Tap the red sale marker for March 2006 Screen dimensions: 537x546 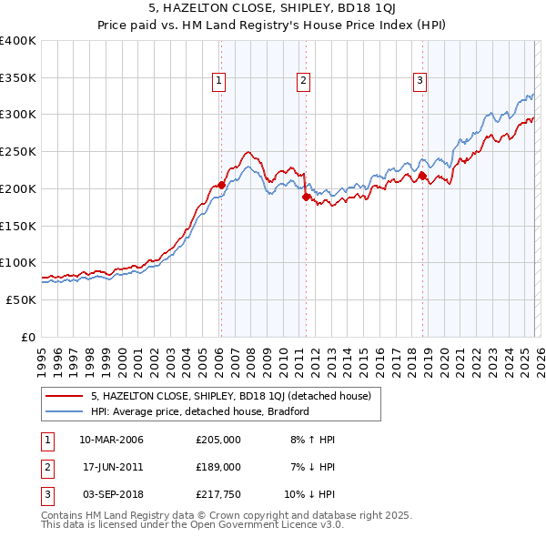point(221,185)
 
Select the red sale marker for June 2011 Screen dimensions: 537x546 point(306,196)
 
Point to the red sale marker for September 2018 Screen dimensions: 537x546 point(422,175)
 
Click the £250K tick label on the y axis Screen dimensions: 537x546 point(17,152)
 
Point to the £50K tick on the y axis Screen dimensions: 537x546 point(20,299)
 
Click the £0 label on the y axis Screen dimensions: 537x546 point(27,337)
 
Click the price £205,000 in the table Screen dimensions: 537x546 point(218,440)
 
